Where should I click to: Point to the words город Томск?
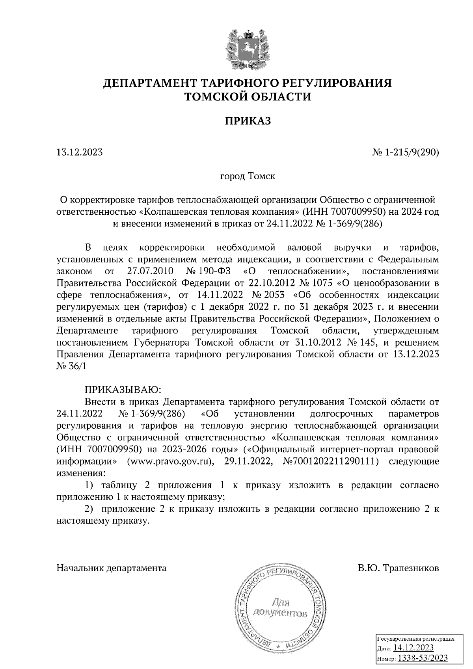pos(248,176)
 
